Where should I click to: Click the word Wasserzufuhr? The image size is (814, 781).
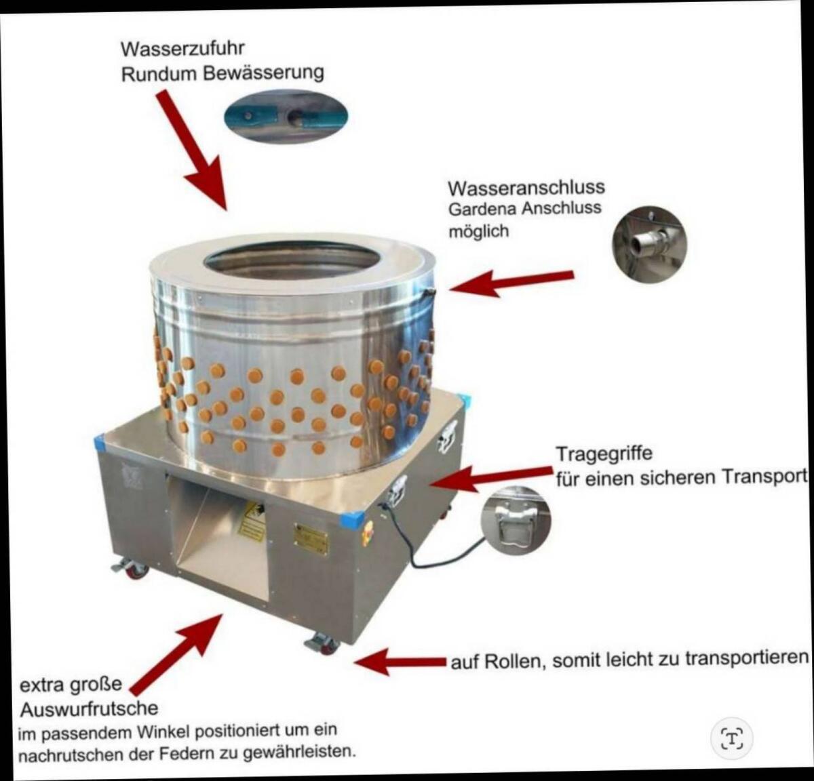tap(182, 49)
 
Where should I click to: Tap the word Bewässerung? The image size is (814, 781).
tap(263, 73)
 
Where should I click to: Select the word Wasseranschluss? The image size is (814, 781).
tap(526, 188)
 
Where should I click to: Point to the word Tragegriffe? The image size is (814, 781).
tap(604, 454)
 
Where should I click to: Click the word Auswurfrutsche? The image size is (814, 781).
tap(90, 709)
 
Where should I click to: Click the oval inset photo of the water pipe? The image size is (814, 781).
tap(286, 115)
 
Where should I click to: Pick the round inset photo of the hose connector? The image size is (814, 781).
tap(649, 244)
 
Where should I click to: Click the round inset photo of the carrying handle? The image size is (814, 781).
tap(516, 521)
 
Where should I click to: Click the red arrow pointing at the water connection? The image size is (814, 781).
tap(511, 283)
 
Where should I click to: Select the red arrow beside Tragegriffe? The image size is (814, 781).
tap(490, 478)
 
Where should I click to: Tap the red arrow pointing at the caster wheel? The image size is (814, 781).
tap(400, 662)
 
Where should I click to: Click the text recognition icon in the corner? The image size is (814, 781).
tap(732, 739)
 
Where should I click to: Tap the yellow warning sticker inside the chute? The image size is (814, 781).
tap(252, 522)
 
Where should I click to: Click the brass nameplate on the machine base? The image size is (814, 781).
tap(311, 538)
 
